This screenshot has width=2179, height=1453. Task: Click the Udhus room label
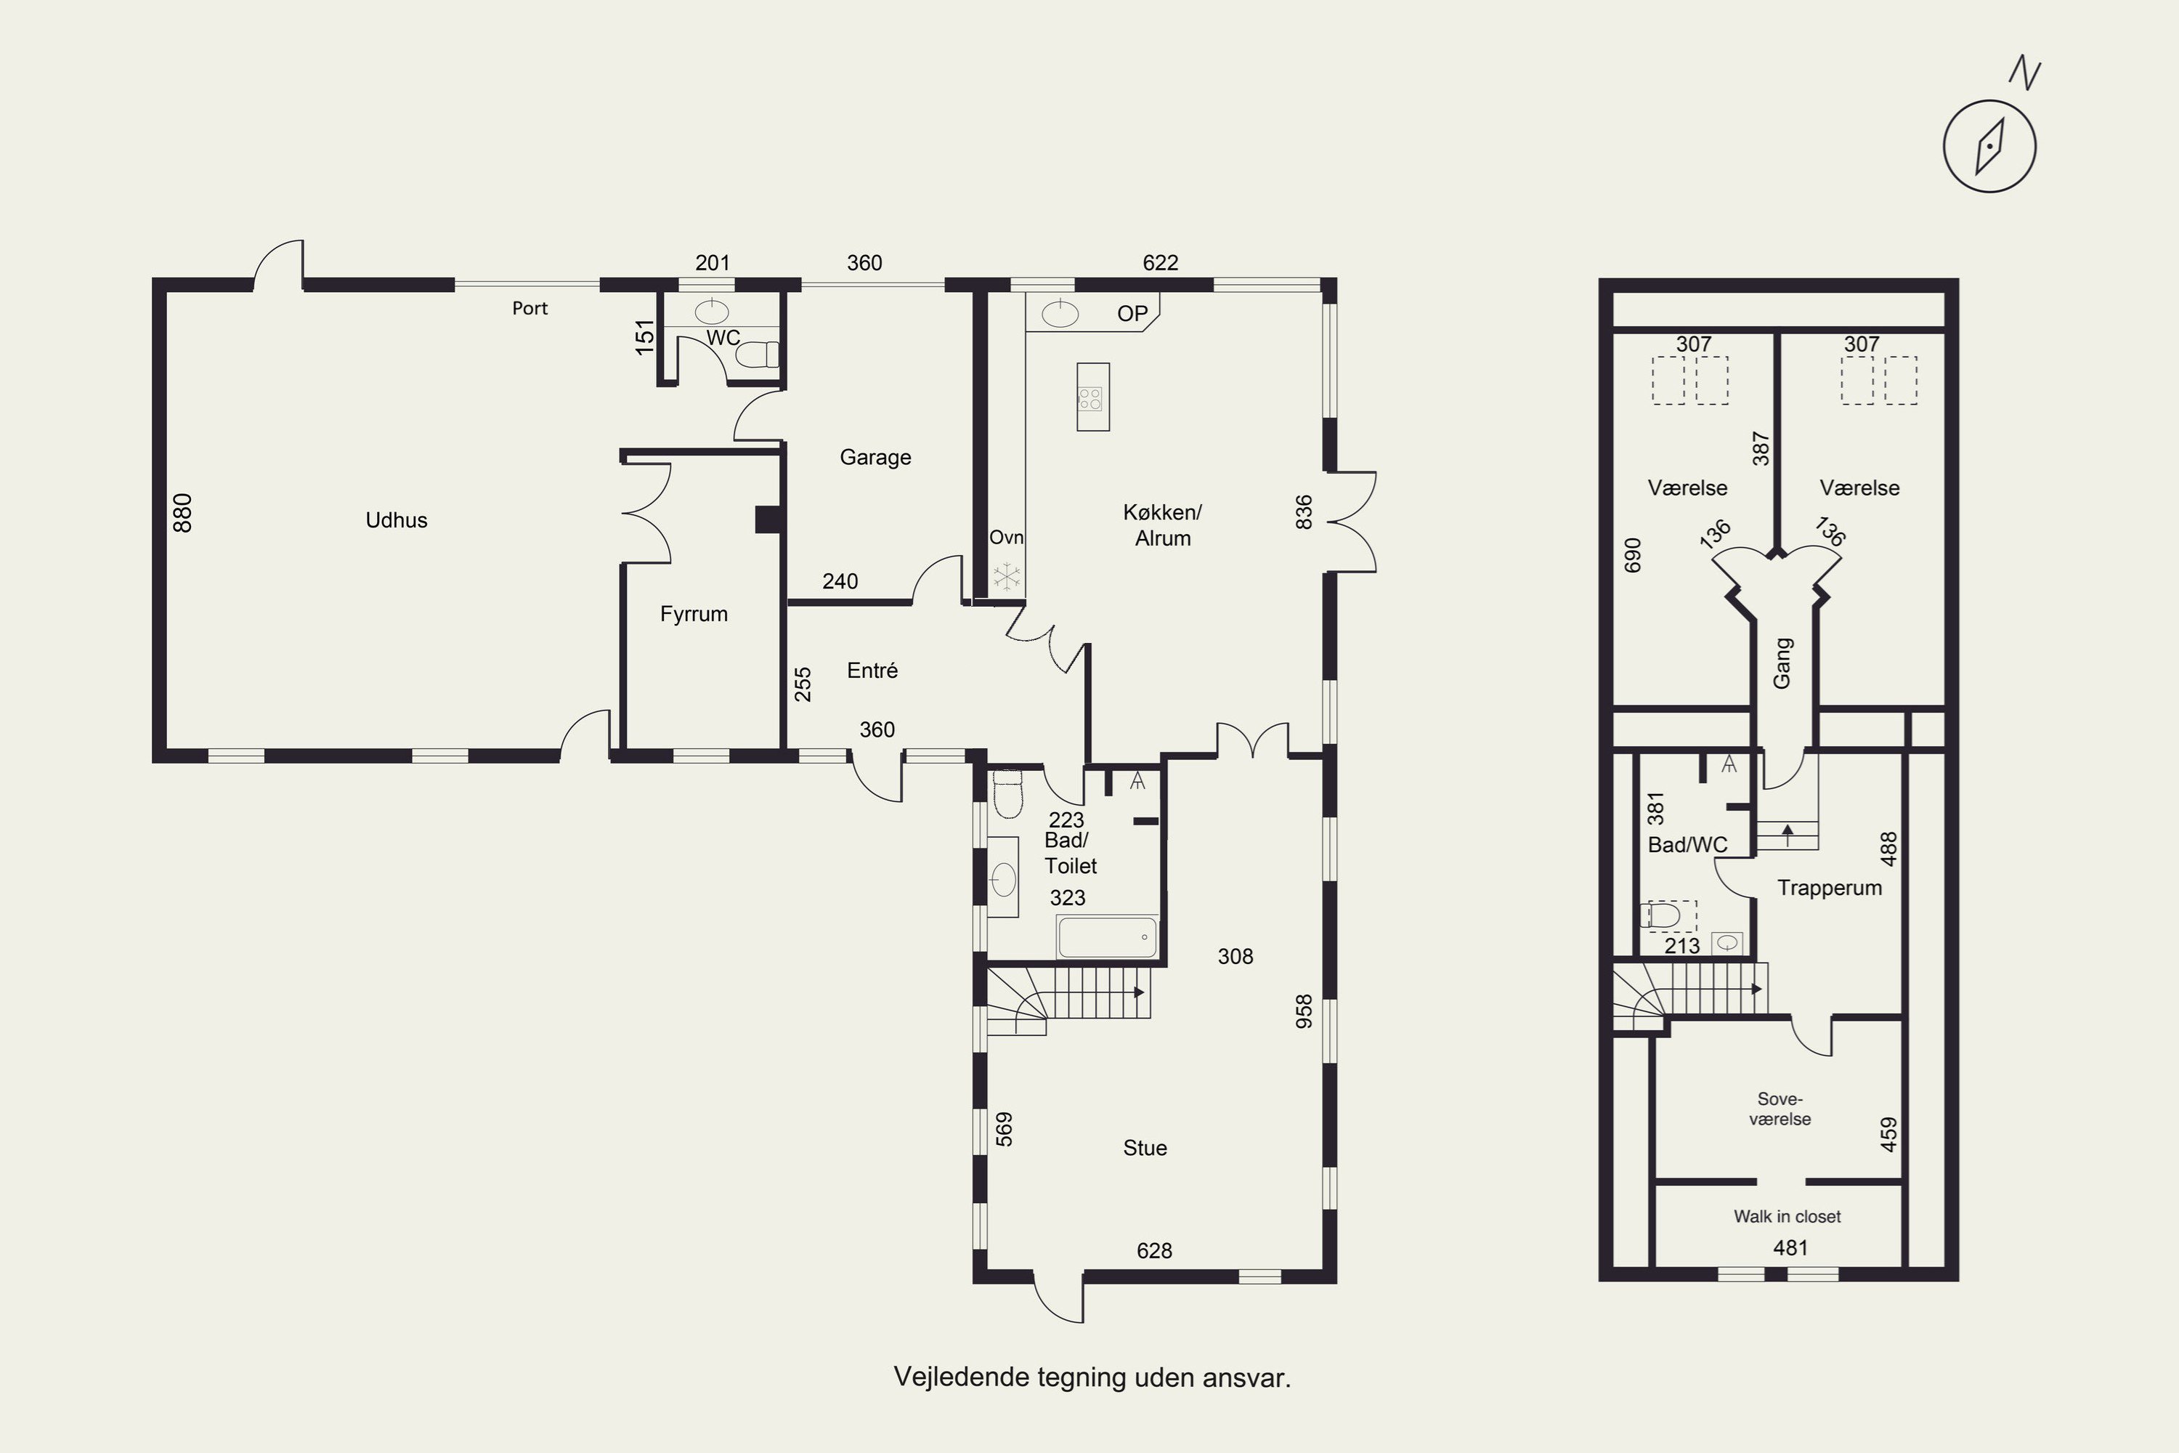tap(397, 520)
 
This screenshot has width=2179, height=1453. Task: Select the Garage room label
tap(875, 458)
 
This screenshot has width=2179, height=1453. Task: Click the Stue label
tap(1145, 1148)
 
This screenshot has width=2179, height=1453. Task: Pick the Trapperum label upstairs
tap(1830, 888)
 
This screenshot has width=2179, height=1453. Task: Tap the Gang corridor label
tap(1782, 663)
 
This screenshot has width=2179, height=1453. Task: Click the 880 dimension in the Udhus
tap(182, 514)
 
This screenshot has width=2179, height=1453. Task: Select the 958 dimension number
tap(1304, 1011)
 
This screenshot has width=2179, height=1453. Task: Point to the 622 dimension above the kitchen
tap(1160, 263)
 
